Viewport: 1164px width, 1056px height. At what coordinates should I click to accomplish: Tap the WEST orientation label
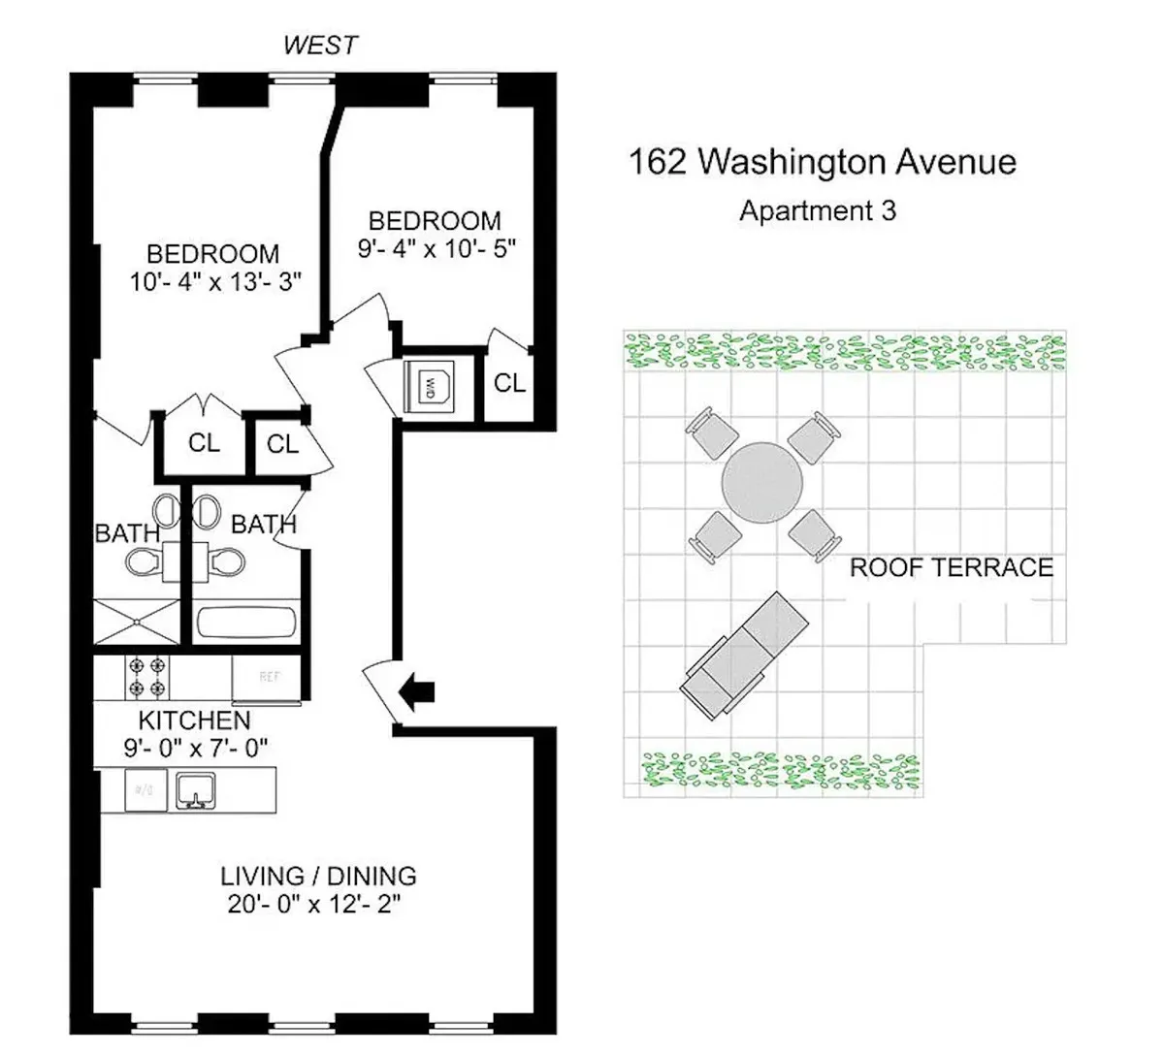pos(320,45)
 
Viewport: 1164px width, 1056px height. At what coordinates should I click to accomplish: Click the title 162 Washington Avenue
pos(823,161)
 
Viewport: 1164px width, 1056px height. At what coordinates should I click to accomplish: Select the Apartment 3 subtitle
pos(818,210)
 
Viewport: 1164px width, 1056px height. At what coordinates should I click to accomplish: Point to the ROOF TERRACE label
pos(951,567)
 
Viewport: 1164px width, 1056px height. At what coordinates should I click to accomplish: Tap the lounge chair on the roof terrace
pos(743,656)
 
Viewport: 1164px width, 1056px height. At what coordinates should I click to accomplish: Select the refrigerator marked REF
pos(267,677)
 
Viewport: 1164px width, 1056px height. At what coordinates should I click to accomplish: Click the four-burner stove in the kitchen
pos(145,677)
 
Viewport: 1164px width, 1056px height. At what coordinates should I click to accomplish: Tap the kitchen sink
pos(196,790)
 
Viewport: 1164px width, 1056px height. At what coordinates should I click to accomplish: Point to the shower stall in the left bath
pos(137,622)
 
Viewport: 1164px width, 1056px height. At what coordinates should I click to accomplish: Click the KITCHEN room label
pos(194,720)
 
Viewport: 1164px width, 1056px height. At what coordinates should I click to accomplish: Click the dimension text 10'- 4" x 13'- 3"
pos(216,282)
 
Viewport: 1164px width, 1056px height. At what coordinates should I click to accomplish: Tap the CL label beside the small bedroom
pos(508,383)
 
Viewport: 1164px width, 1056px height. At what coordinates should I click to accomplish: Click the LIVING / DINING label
pos(318,876)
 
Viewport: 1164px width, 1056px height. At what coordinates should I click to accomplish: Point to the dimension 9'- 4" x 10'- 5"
pos(435,247)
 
